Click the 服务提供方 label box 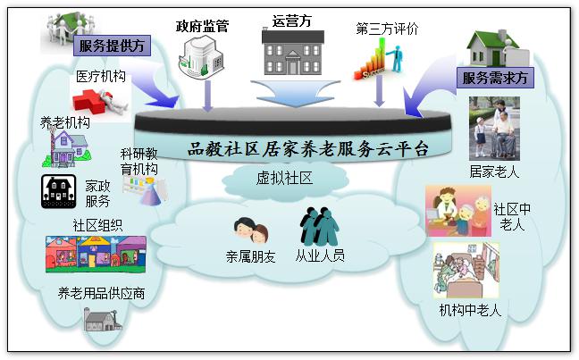tap(112, 46)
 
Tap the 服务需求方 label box tap(495, 78)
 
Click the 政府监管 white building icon tap(201, 56)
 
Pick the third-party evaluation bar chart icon tap(378, 59)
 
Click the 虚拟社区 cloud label tap(285, 178)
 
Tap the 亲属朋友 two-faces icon tap(251, 230)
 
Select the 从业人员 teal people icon tap(319, 226)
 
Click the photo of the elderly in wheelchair tap(494, 129)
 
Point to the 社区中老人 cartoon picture tap(458, 211)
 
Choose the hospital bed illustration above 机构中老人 tap(466, 271)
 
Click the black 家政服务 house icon tap(59, 192)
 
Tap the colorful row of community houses tap(96, 255)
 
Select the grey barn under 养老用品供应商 tap(102, 320)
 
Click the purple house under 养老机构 tap(67, 148)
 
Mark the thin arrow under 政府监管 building tap(208, 96)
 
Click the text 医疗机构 tap(101, 77)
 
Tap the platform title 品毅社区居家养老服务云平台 tap(308, 149)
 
